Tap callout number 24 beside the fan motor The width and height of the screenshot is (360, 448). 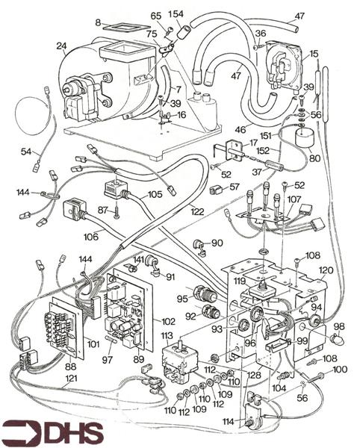[x=61, y=46]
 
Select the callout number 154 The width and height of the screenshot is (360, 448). [x=177, y=15]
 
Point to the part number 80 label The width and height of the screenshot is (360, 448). [x=314, y=158]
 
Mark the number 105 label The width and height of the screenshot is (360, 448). [x=155, y=195]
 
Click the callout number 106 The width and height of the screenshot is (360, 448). [x=91, y=237]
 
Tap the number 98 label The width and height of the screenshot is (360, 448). [x=339, y=327]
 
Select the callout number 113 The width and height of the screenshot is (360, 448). [x=166, y=335]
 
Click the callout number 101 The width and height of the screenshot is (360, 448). [x=93, y=345]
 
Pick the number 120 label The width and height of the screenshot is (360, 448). [x=326, y=270]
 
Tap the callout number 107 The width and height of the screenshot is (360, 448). [x=294, y=199]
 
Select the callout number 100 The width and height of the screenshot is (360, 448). [x=340, y=369]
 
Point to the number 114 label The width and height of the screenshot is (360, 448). [x=228, y=420]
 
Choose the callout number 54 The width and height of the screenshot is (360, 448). [x=26, y=152]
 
